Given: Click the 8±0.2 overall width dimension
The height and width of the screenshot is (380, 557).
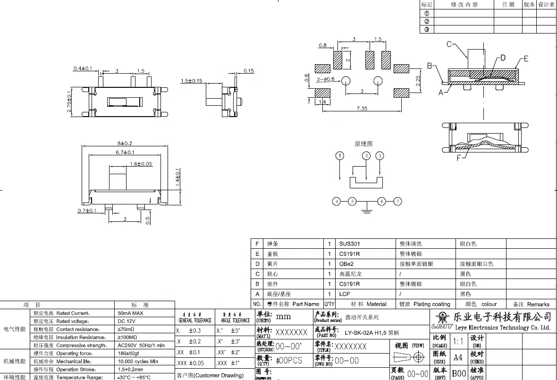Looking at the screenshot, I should coord(124,143).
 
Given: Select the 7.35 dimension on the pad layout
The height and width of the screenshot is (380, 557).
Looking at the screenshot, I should coord(362,109).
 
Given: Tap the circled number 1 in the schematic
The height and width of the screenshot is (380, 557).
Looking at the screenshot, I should coord(340,156).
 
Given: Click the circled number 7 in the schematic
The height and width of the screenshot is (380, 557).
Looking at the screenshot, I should coord(398,202).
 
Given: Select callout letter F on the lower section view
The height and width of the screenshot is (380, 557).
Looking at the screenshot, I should coord(459,158).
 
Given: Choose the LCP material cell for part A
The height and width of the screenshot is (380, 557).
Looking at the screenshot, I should coord(345,294).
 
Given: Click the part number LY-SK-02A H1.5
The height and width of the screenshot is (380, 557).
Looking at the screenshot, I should coord(372,333).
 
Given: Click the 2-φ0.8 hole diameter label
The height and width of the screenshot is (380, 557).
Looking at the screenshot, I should coord(325,79).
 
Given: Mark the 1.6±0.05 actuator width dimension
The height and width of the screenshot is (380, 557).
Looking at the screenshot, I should coord(141,164).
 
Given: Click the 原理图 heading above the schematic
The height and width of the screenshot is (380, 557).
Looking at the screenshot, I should coord(363,144).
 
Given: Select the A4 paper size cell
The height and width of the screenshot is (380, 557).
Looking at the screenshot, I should coord(458,357).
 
